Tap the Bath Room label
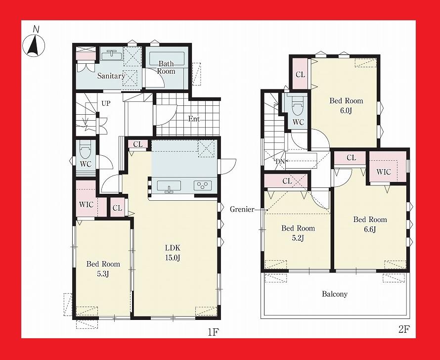pos(167,67)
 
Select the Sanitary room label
pos(111,76)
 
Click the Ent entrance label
pos(194,119)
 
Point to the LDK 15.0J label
pos(172,252)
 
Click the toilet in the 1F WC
pos(85,149)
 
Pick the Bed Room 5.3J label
pos(103,269)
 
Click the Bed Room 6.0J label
pos(346,105)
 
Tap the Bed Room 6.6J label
pos(370,224)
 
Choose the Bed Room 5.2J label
pos(298,233)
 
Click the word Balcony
pos(335,294)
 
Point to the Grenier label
pos(242,209)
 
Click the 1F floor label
pos(213,332)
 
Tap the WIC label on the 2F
pos(384,172)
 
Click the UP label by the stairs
pos(106,103)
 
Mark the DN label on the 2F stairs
pos(280,161)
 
